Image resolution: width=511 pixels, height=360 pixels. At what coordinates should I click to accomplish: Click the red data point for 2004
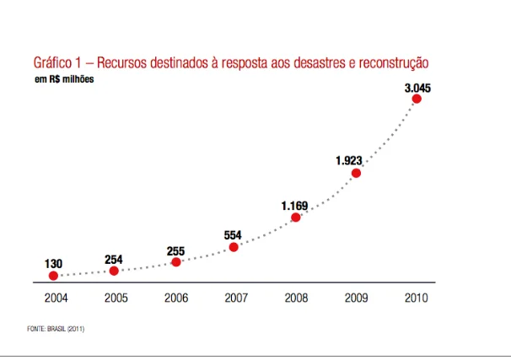click(x=53, y=276)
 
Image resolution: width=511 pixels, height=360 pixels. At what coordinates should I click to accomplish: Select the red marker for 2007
click(x=234, y=247)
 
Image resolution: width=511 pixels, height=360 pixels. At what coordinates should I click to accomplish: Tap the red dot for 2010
click(x=416, y=99)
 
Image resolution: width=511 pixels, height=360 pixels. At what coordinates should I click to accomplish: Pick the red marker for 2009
click(x=356, y=173)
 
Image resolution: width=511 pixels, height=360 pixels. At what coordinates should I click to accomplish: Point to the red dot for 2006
click(x=175, y=262)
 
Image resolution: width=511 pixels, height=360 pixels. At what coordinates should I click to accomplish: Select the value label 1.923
click(x=349, y=160)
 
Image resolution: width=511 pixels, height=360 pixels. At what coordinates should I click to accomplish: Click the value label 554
click(x=234, y=234)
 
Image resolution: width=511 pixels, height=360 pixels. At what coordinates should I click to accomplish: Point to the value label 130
click(x=53, y=264)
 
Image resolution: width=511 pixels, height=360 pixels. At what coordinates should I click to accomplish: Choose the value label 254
click(x=114, y=259)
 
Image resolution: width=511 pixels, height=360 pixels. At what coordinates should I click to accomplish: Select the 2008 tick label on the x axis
click(x=294, y=297)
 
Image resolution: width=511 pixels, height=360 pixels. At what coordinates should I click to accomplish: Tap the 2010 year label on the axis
click(x=415, y=297)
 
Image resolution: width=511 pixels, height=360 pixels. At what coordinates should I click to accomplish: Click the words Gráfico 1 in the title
click(x=60, y=63)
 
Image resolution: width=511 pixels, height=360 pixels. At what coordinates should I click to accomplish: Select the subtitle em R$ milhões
click(x=64, y=79)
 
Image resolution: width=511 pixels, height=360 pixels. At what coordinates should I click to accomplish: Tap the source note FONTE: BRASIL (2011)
click(x=56, y=328)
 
